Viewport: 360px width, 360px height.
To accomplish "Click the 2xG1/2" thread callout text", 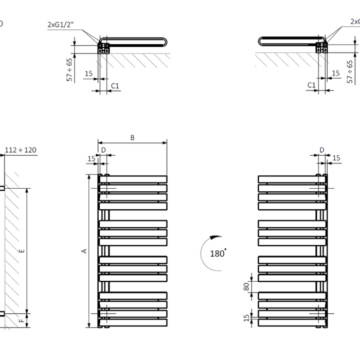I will tap(61, 24).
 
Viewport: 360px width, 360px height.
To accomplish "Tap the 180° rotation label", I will tap(218, 254).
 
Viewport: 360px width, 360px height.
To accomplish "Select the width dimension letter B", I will tap(132, 137).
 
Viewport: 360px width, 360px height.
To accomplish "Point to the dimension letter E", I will tap(21, 250).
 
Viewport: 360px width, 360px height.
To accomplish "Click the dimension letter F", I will tap(21, 320).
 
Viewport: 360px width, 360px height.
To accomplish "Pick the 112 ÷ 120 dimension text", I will tap(21, 150).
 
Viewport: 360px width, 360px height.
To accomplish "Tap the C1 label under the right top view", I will tap(311, 85).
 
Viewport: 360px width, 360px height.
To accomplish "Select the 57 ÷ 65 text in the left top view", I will tap(70, 68).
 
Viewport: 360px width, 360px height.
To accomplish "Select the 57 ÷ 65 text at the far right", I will tap(351, 71).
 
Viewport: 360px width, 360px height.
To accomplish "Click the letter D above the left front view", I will tap(103, 150).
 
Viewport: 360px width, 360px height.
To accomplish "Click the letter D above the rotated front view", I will tap(322, 150).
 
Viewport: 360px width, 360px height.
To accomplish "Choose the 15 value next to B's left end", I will tap(91, 159).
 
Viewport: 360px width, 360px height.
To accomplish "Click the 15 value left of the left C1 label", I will tap(88, 74).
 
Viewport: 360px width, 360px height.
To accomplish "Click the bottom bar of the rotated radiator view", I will tap(291, 322).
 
